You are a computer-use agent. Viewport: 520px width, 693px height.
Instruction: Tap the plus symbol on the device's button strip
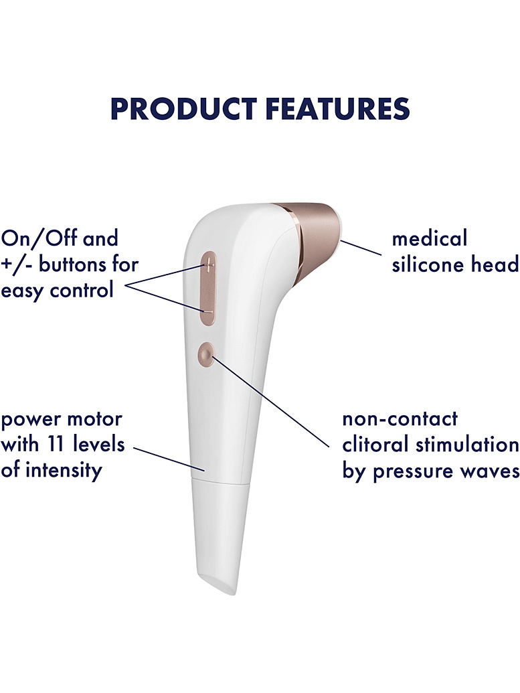[x=209, y=266]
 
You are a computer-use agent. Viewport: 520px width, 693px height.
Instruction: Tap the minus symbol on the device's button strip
[x=208, y=312]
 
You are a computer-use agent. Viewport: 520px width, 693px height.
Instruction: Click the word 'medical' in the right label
[x=430, y=238]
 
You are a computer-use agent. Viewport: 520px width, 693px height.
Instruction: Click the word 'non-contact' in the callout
[x=400, y=418]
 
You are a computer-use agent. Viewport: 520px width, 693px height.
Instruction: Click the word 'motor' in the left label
[x=97, y=419]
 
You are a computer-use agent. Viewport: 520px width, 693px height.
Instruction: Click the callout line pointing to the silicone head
[x=361, y=248]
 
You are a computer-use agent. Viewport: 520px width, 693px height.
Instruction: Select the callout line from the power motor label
[x=169, y=459]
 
